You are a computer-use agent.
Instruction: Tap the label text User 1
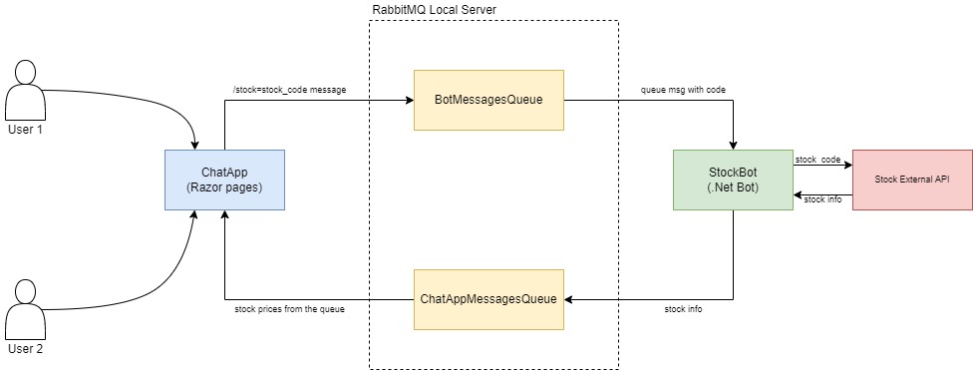tap(26, 130)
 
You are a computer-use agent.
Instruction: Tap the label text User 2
tap(26, 349)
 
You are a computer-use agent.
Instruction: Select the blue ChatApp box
tap(224, 180)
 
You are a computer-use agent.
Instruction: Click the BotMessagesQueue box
tap(488, 100)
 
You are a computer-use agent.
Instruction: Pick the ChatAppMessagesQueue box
tap(488, 299)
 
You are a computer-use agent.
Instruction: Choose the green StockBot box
tap(733, 180)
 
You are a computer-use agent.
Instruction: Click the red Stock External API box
tap(912, 180)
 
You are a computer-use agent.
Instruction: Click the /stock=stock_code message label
tap(289, 90)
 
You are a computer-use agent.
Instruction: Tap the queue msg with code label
tap(683, 90)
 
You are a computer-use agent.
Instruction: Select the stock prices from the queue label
tap(289, 310)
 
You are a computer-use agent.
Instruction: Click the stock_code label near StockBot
tap(816, 159)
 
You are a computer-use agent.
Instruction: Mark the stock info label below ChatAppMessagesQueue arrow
tap(683, 310)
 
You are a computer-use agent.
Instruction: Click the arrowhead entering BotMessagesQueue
tap(408, 100)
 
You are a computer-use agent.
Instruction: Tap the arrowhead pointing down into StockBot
tap(733, 145)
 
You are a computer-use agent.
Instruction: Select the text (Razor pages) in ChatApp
tap(224, 187)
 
